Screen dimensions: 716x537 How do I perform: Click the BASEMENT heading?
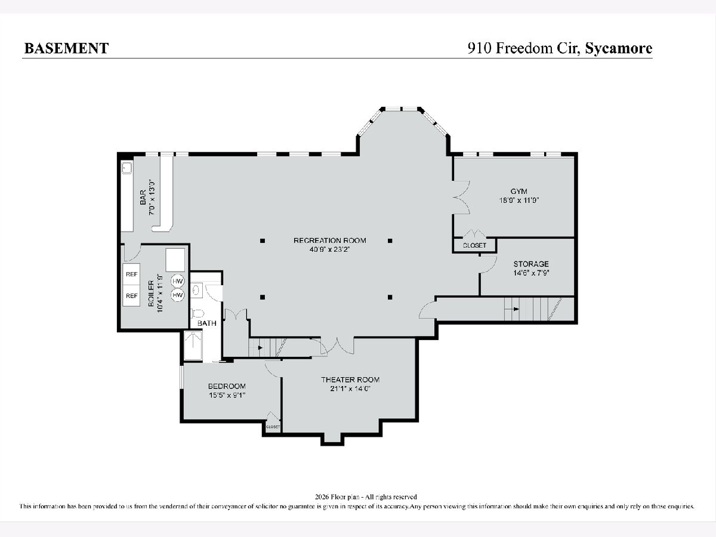[67, 48]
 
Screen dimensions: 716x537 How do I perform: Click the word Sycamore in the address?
[619, 48]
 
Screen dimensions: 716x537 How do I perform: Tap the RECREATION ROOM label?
[330, 240]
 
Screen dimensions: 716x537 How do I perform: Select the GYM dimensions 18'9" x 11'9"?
[519, 200]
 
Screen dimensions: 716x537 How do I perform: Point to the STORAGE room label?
[531, 264]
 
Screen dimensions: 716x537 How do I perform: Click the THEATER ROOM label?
[350, 379]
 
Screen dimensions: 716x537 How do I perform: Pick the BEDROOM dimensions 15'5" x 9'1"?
[227, 395]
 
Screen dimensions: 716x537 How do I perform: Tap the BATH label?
[207, 323]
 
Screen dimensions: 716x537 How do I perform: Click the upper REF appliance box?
[131, 274]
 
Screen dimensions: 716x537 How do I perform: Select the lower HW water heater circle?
[177, 295]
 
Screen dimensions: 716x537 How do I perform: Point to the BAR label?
[143, 197]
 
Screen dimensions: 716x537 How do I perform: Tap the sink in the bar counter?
[126, 168]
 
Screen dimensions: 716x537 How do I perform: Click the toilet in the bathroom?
[197, 313]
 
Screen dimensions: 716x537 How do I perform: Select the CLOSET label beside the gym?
[474, 245]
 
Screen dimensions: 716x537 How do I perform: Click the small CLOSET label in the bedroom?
[273, 427]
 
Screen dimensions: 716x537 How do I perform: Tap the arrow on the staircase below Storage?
[516, 308]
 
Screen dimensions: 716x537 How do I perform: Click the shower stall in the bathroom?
[193, 345]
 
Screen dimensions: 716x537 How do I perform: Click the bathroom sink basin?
[196, 290]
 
